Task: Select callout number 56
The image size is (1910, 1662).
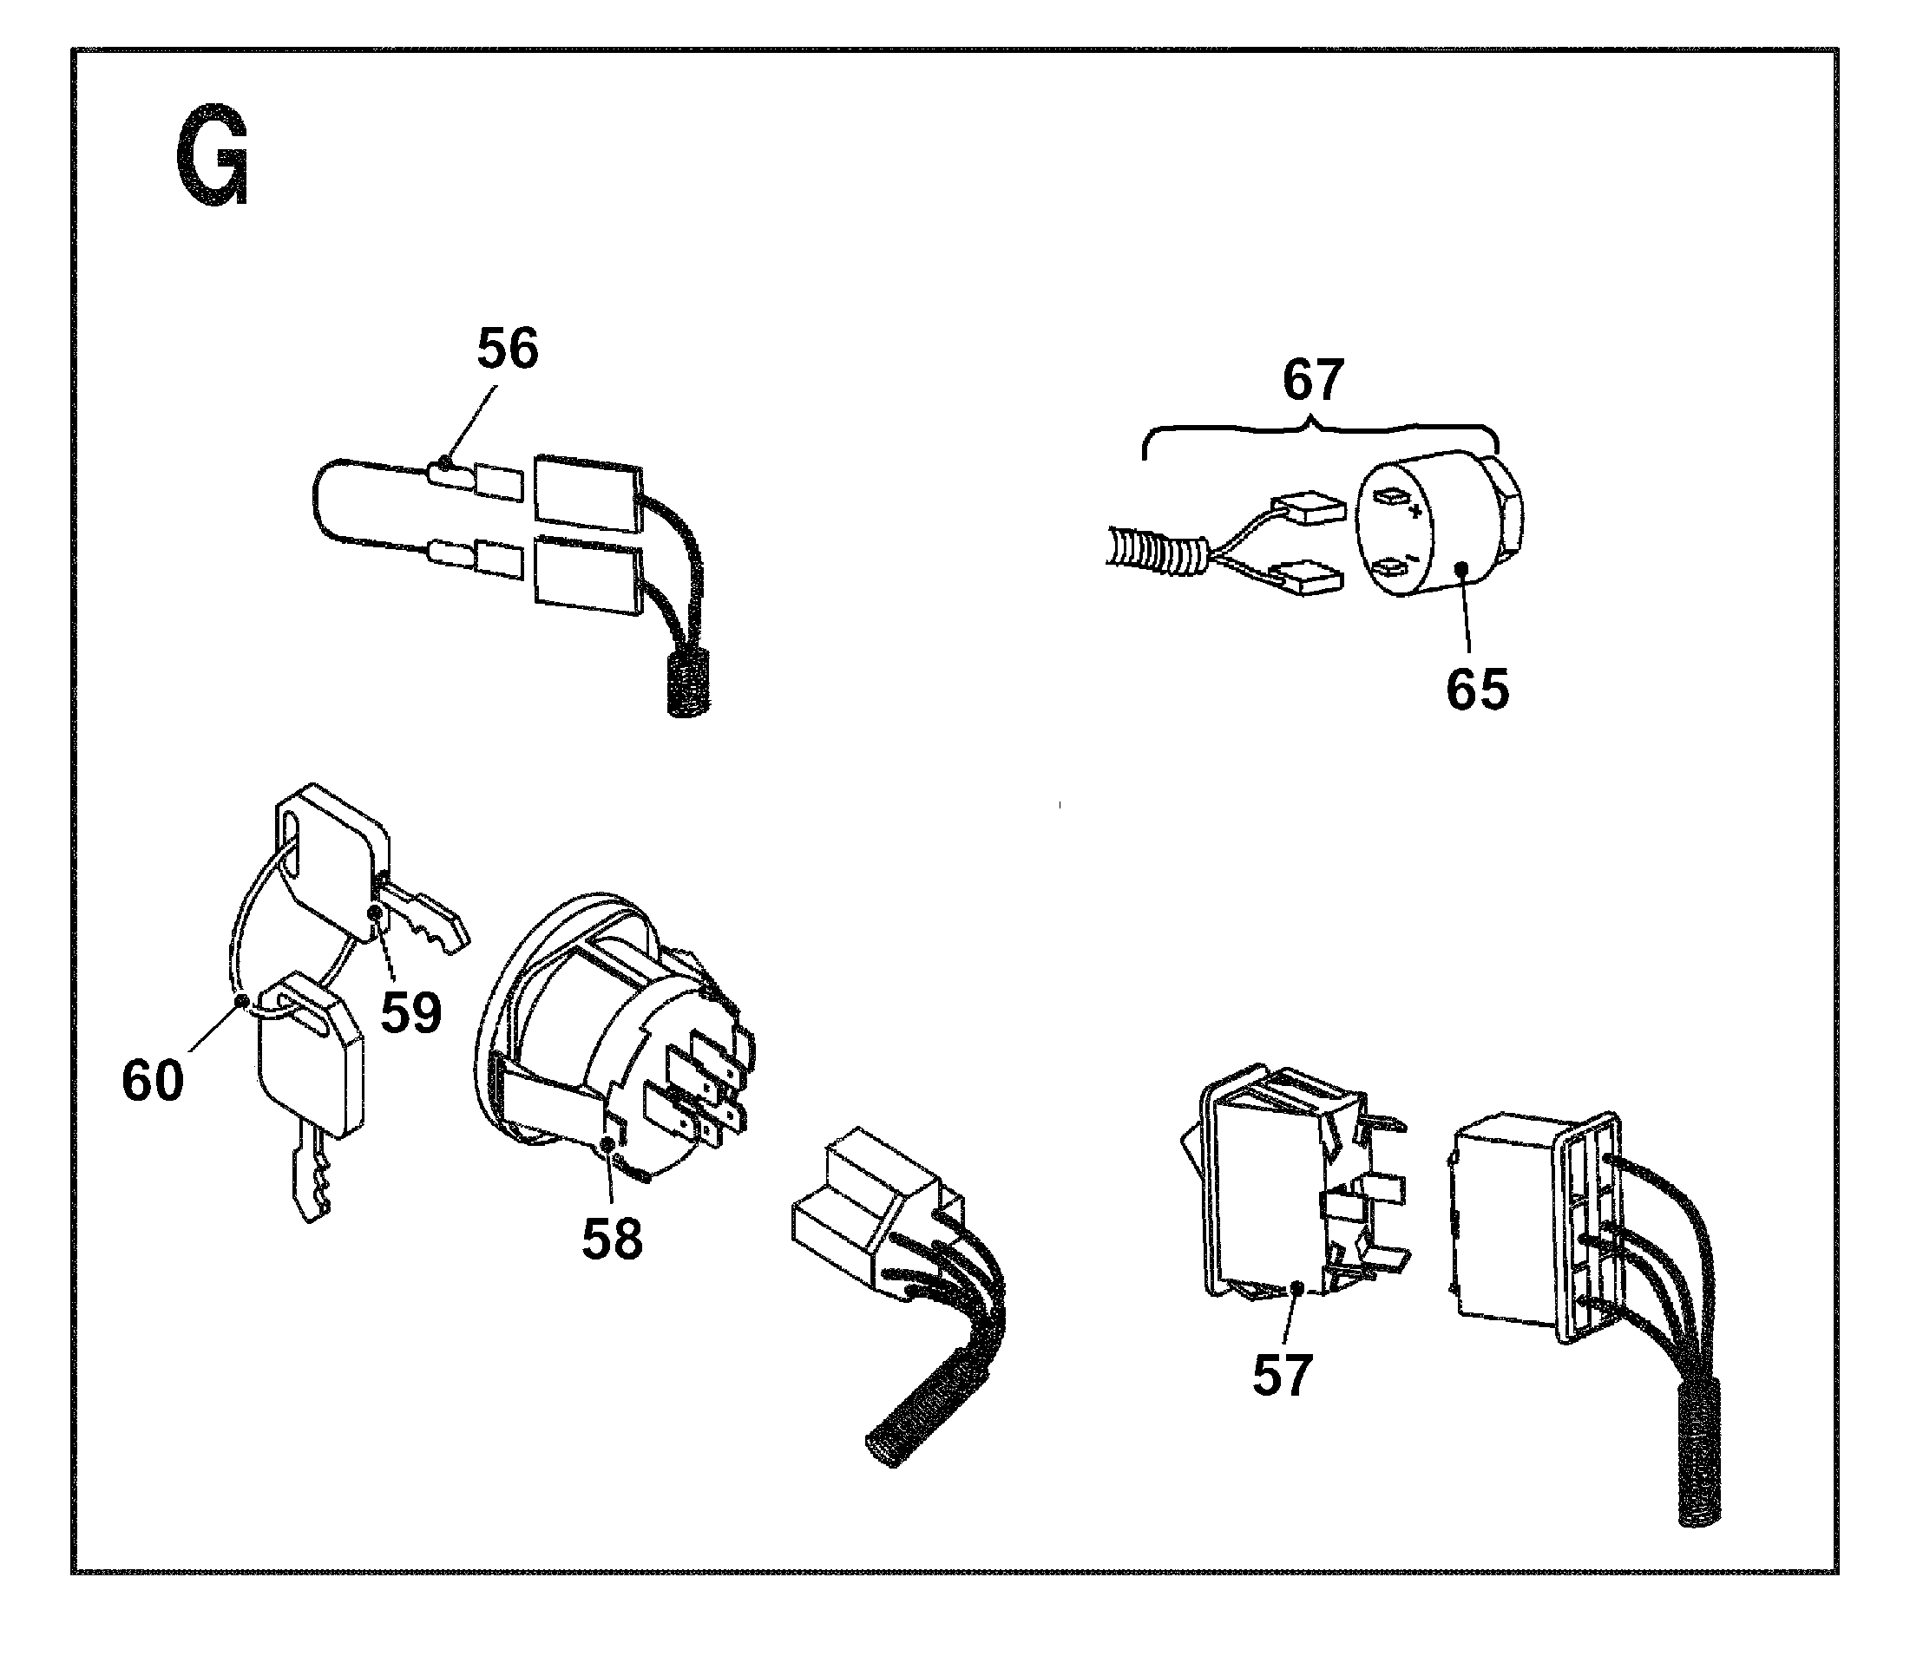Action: [x=507, y=350]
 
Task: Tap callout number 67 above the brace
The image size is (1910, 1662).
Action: [x=1313, y=380]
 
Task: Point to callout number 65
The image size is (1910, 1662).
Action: [x=1477, y=689]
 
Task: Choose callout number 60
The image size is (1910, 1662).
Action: [x=153, y=1081]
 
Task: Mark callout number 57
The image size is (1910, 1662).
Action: [x=1282, y=1375]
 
